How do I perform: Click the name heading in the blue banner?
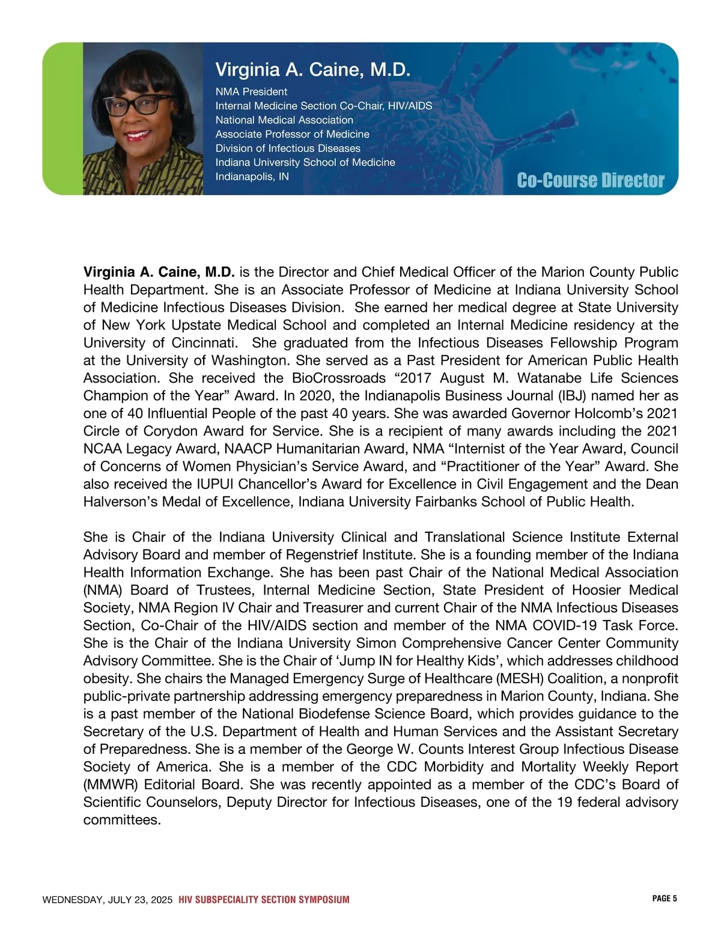312,70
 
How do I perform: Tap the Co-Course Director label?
590,180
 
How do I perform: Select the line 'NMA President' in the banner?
251,92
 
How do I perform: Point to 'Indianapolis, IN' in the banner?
252,177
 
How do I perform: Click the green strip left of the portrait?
62,118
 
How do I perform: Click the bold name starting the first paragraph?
159,272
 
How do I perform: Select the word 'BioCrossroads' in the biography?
333,378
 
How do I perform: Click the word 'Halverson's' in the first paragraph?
119,502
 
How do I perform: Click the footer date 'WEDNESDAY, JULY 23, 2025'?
108,900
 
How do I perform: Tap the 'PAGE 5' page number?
664,899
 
